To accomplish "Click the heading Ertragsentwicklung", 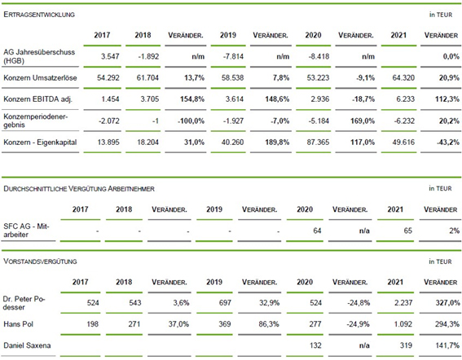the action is [39, 15].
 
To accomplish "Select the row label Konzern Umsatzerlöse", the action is [40, 77].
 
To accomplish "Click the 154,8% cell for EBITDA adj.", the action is [192, 99].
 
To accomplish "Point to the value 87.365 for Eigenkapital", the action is [318, 143].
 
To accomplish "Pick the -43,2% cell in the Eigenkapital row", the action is [448, 143].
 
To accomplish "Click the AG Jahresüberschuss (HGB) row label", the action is [39, 56].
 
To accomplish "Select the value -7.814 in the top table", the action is [233, 56].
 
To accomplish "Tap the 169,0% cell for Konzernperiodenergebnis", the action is [363, 121].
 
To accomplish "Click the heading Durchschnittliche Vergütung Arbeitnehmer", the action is [79, 188].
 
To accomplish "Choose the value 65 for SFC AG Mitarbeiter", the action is [407, 230].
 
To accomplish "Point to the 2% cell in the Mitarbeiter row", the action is [454, 230].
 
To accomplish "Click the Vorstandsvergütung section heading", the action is [40, 261].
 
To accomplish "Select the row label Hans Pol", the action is [18, 324].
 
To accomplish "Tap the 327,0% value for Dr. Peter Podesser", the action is [447, 302].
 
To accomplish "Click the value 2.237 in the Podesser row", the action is [403, 302].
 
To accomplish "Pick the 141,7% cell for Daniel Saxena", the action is [447, 345].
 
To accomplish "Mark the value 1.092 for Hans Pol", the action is [403, 324].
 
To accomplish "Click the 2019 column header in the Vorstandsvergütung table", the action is [214, 282].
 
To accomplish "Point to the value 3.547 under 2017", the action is [110, 56].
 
